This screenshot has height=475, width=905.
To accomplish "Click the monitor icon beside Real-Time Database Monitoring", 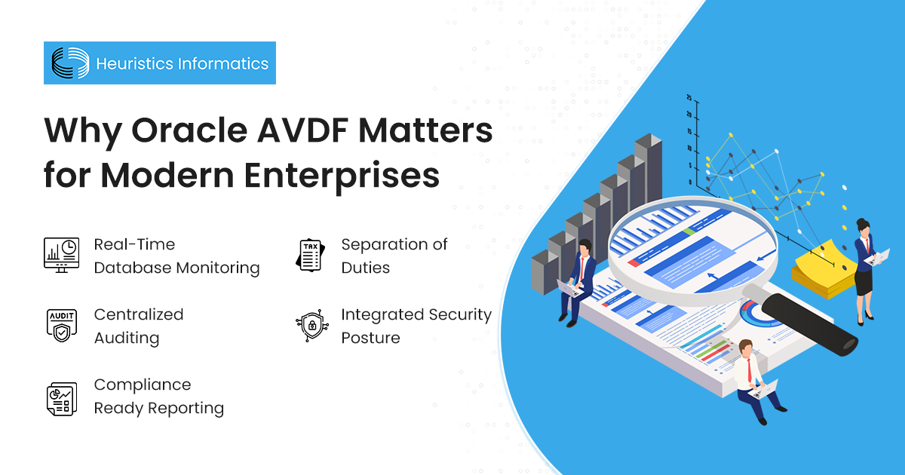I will (x=61, y=256).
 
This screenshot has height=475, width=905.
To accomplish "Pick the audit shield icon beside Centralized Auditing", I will (x=61, y=326).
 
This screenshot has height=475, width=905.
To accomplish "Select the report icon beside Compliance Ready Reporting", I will (x=61, y=397).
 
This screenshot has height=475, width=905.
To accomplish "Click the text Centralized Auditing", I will (x=138, y=326).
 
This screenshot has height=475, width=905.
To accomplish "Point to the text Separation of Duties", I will (x=394, y=256).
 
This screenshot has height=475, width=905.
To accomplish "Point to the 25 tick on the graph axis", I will (x=689, y=98).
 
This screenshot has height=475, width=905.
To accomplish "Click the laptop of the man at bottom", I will (x=764, y=389).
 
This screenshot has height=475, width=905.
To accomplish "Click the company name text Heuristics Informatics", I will (x=182, y=63).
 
